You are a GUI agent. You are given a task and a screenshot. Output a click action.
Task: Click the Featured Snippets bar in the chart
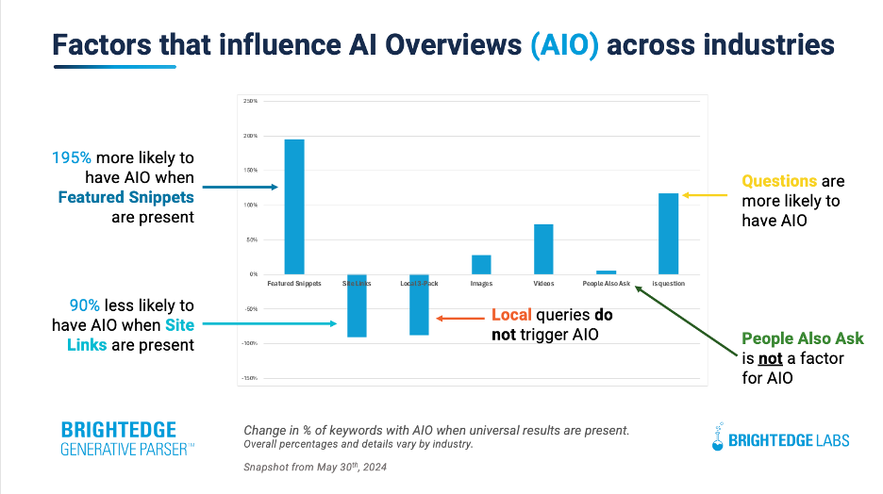[294, 206]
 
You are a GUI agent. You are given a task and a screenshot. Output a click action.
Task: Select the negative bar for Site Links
[357, 305]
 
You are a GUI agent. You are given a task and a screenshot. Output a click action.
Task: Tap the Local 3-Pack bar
[419, 305]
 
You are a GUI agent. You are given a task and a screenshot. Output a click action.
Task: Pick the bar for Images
[481, 265]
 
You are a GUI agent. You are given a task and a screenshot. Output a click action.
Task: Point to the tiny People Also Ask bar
[606, 272]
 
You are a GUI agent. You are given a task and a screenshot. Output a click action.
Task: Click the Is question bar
[668, 234]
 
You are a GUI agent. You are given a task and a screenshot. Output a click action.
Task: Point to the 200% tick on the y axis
[250, 136]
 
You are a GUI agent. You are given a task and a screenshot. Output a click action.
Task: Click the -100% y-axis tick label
[249, 343]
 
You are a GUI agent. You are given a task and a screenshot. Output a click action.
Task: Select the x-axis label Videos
[543, 283]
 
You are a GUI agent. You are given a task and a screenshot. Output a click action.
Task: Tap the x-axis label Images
[481, 283]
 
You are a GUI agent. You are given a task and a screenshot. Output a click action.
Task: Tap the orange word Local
[513, 315]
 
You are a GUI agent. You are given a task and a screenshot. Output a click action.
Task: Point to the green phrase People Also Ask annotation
[802, 338]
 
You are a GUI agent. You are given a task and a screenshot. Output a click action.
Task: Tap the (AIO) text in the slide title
[565, 44]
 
